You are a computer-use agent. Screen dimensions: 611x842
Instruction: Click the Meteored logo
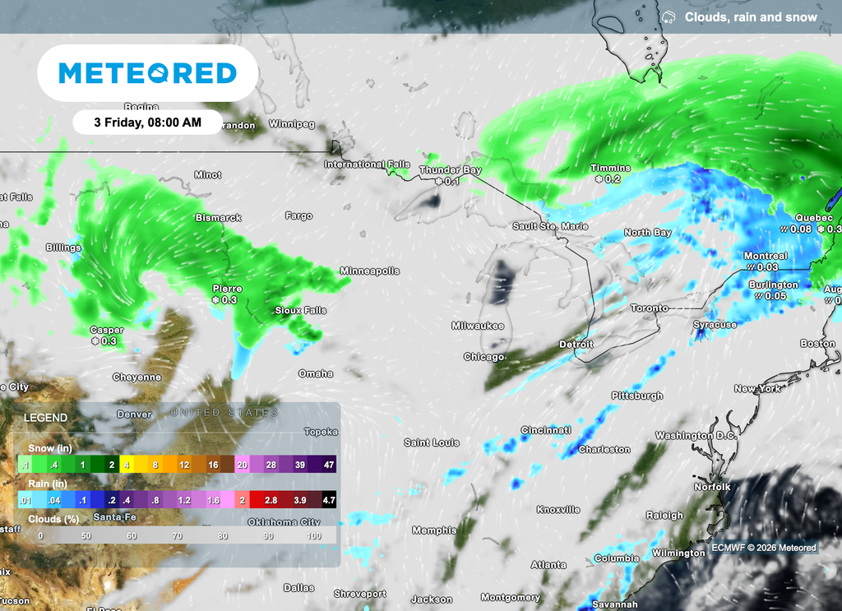click(x=148, y=73)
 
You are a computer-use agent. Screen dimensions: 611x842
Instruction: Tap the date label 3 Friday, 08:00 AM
click(x=147, y=123)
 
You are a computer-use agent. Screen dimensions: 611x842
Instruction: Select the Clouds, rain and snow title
click(x=751, y=17)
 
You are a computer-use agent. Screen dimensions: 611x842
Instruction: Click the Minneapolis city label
click(x=370, y=271)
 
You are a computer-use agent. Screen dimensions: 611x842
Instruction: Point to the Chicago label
click(x=484, y=357)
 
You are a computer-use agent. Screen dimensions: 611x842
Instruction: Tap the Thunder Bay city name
click(x=450, y=170)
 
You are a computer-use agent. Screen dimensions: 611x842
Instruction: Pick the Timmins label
click(x=610, y=168)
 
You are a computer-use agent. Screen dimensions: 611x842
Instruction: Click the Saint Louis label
click(x=432, y=442)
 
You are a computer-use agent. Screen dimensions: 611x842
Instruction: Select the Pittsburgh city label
click(x=637, y=396)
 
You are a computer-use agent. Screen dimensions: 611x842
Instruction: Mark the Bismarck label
click(x=218, y=218)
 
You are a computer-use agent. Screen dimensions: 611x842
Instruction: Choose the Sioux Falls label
click(x=301, y=311)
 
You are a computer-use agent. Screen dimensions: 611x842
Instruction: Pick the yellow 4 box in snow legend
click(x=127, y=465)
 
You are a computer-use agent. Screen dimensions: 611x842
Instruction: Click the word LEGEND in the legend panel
click(x=45, y=418)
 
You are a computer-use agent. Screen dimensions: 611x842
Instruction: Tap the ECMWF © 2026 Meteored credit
click(x=764, y=548)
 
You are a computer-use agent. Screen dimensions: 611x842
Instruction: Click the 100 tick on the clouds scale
click(x=314, y=535)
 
